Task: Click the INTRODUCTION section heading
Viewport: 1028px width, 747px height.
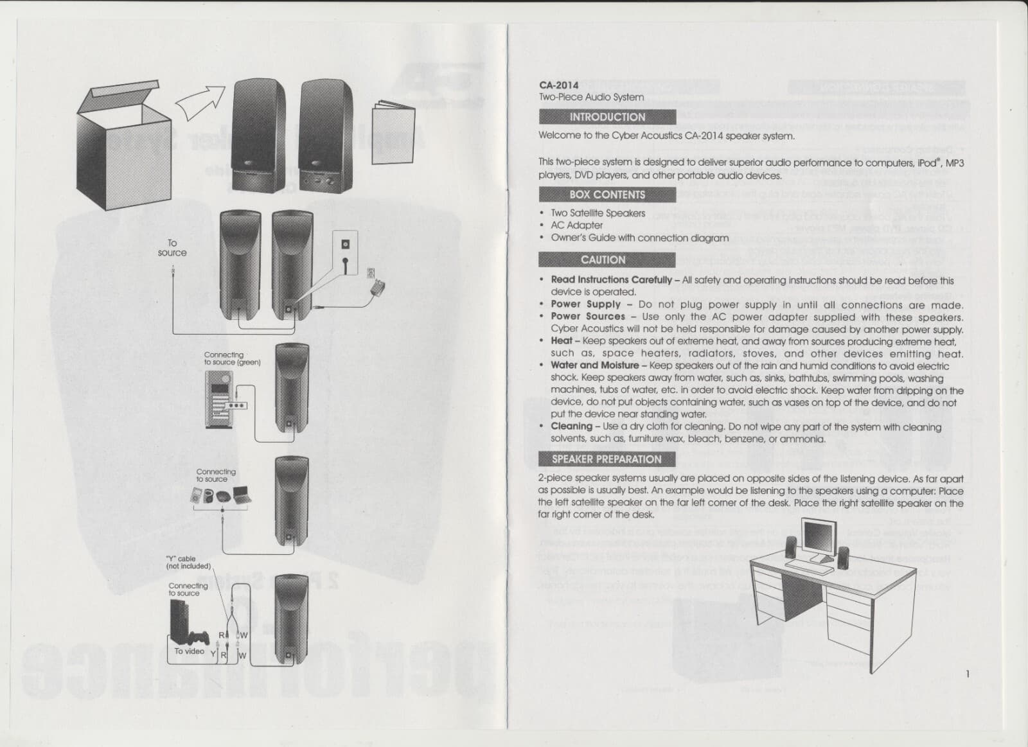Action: [607, 117]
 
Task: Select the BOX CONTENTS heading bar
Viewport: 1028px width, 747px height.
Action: [607, 195]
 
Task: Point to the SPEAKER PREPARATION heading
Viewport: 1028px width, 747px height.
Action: [607, 459]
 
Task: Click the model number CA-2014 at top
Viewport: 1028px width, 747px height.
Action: [558, 85]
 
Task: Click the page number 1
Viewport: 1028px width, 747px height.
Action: [967, 674]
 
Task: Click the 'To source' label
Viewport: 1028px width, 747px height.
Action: [172, 248]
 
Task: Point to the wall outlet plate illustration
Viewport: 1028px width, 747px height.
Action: [345, 252]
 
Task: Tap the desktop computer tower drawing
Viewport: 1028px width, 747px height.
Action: [219, 400]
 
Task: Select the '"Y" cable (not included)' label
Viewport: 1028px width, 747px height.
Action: [188, 562]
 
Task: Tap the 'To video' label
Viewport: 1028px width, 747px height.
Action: [189, 651]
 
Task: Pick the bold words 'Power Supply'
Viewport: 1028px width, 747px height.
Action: [585, 304]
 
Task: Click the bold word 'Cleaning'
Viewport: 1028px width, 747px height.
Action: [571, 426]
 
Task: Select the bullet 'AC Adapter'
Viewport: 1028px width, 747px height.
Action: [576, 225]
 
